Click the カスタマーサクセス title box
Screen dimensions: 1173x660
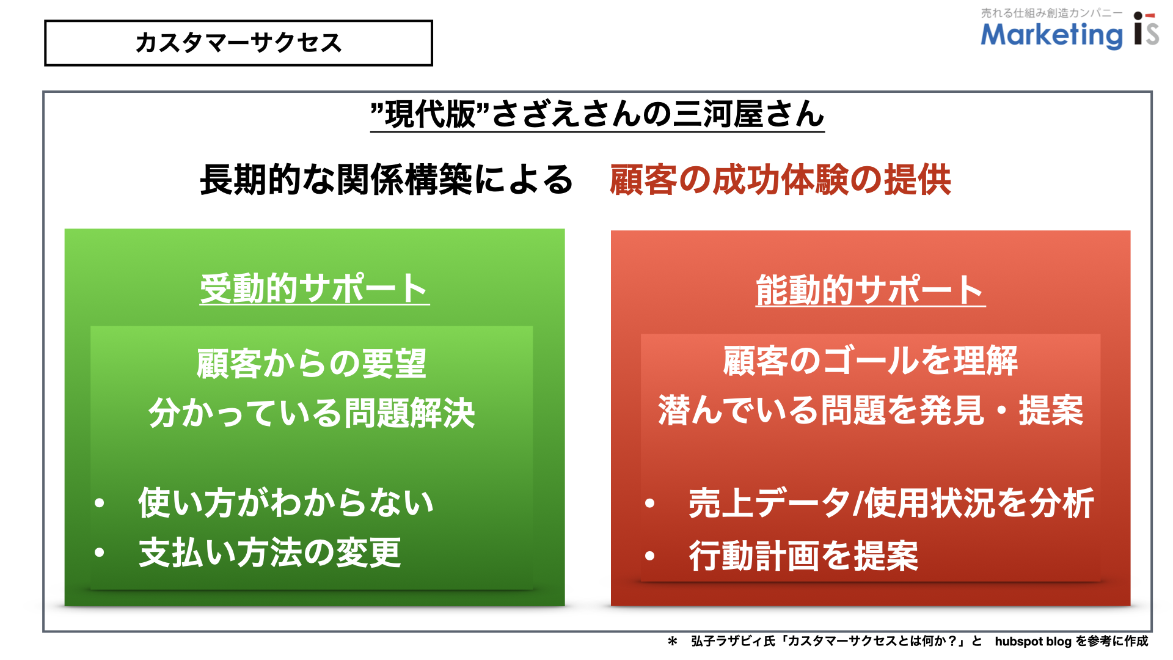(238, 43)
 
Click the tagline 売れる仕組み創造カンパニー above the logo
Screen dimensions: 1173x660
(1051, 13)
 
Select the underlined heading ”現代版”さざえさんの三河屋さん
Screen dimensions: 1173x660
(597, 114)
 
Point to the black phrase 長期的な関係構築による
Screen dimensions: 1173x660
(387, 180)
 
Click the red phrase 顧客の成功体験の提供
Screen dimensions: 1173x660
(780, 180)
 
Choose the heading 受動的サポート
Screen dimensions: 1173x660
(314, 288)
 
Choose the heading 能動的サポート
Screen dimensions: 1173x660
(871, 290)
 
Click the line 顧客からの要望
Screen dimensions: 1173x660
(312, 364)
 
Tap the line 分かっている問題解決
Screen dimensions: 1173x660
(312, 413)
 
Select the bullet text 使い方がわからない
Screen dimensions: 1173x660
(286, 503)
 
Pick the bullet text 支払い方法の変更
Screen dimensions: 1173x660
(269, 552)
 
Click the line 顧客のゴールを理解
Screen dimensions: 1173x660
(871, 361)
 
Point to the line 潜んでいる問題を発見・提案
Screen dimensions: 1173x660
(871, 410)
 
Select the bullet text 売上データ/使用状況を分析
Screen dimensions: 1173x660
(891, 504)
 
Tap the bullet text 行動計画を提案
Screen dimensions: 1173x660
(803, 556)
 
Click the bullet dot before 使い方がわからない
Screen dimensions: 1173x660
(100, 503)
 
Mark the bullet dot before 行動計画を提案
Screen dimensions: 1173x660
(650, 556)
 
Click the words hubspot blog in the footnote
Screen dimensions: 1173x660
(1033, 641)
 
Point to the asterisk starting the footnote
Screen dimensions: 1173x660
(673, 641)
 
